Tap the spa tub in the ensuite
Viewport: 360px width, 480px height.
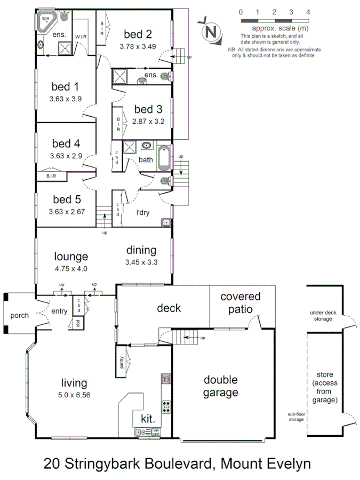(46, 21)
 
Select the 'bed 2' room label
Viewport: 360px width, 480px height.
(138, 35)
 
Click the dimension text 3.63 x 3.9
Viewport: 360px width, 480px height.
(65, 99)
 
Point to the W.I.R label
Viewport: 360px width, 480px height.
(81, 37)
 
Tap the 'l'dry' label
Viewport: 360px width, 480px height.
(143, 212)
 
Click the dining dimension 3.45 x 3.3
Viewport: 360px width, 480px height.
(141, 262)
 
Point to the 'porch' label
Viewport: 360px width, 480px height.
(20, 315)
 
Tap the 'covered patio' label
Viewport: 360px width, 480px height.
(240, 302)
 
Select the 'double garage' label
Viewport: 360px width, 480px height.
(221, 387)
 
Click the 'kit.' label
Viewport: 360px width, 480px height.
(147, 419)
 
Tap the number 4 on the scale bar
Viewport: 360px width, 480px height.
(308, 11)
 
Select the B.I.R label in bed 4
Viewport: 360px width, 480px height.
(52, 175)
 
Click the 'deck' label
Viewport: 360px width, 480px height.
(169, 308)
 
